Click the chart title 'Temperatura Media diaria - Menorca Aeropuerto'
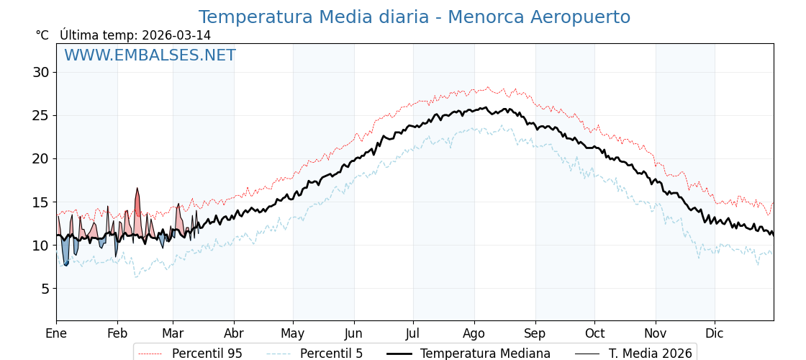[x=414, y=17]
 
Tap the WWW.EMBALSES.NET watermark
[x=150, y=55]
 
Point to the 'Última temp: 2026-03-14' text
[x=135, y=35]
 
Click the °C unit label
[x=42, y=35]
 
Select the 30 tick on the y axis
[x=40, y=72]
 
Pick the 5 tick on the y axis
[x=45, y=289]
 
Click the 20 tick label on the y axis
[x=40, y=158]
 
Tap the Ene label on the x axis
[x=56, y=333]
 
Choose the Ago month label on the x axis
[x=474, y=333]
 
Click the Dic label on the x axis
[x=714, y=333]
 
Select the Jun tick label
[x=353, y=333]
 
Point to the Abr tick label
[x=234, y=333]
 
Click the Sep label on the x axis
[x=535, y=333]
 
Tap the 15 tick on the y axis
[x=40, y=202]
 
